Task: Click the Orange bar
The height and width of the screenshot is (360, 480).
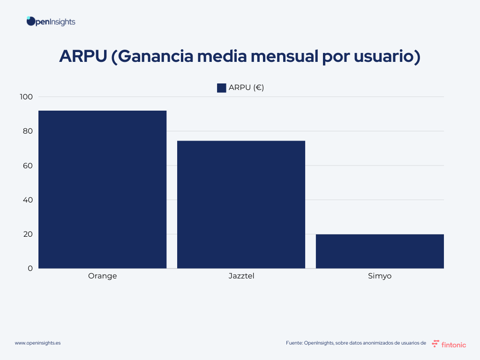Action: [102, 189]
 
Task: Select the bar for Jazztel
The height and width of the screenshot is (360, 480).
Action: [241, 204]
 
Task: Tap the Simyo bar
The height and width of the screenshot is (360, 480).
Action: [380, 251]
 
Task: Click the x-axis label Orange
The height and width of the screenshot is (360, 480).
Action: [102, 276]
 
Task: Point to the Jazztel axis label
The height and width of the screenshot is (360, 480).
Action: [241, 276]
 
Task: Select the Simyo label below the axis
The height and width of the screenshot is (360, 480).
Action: [380, 276]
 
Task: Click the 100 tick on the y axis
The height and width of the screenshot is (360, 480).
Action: [26, 97]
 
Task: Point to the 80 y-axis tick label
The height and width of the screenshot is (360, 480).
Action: [28, 131]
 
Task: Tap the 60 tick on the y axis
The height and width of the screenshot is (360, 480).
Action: [28, 165]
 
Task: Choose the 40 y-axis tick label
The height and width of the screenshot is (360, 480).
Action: [28, 200]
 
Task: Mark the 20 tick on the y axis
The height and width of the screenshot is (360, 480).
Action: [28, 234]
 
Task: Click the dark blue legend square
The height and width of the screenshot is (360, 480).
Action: [222, 88]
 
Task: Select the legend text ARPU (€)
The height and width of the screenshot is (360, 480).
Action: [246, 88]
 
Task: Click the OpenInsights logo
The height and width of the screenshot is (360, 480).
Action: [51, 22]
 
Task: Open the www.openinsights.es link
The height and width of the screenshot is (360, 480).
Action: [37, 343]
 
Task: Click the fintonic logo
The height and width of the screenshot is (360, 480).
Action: [449, 344]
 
